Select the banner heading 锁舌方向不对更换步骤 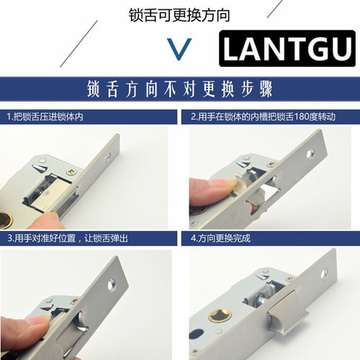(179, 94)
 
